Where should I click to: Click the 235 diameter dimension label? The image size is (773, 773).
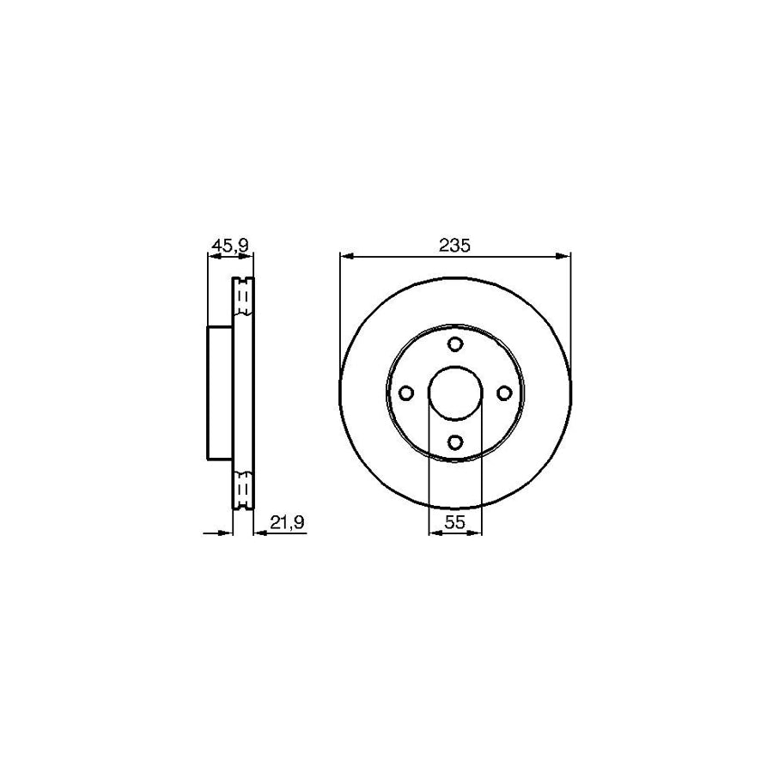coord(455,245)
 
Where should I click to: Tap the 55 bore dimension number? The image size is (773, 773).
coord(455,521)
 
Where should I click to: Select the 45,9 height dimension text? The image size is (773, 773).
coord(229,246)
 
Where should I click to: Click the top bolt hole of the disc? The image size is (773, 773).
coord(455,344)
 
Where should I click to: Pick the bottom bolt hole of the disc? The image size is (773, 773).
coord(455,442)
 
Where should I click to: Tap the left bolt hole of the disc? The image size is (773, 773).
coord(406,393)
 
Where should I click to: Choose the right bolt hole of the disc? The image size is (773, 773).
coord(504,393)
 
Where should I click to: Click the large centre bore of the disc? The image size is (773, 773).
coord(455,393)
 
